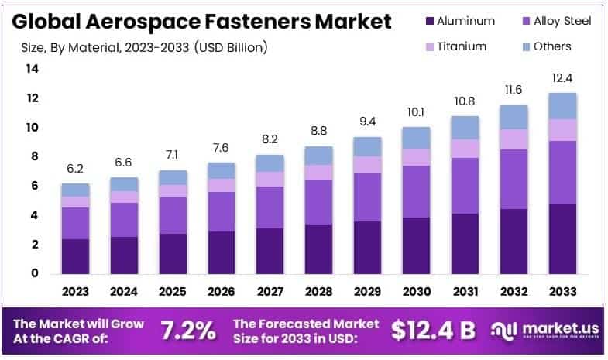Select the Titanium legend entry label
click(462, 46)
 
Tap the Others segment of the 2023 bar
click(76, 190)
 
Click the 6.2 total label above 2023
click(76, 169)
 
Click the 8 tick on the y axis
click(35, 156)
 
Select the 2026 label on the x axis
click(221, 292)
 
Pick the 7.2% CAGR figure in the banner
click(188, 331)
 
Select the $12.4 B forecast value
click(433, 331)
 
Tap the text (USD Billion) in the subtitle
click(232, 47)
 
